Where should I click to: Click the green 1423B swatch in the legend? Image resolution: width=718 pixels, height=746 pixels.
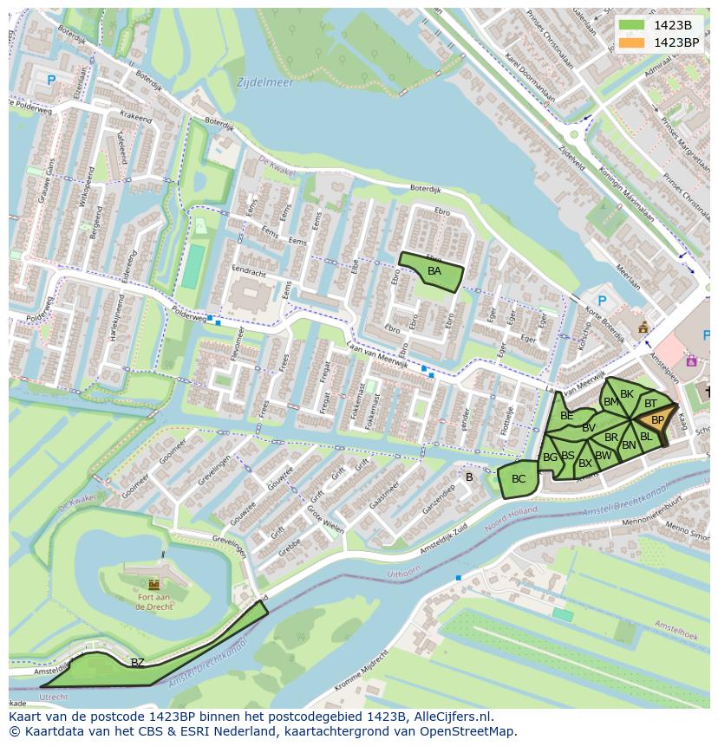(x=632, y=25)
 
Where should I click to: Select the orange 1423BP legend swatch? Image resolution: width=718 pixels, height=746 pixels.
(x=632, y=42)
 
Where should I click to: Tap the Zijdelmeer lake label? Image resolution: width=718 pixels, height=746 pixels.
(x=264, y=83)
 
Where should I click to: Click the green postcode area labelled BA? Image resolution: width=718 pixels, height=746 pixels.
(x=433, y=272)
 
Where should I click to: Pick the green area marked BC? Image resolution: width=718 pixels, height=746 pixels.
(x=518, y=479)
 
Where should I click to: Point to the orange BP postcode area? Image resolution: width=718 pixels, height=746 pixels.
(x=656, y=420)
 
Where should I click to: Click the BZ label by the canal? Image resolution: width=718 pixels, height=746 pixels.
(x=137, y=663)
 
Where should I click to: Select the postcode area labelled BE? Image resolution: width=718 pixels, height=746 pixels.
(x=566, y=416)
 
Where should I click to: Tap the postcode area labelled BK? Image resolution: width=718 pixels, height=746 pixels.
(x=626, y=394)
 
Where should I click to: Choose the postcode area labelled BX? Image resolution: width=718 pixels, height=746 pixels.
(x=584, y=464)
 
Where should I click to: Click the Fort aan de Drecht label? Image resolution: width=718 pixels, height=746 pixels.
(x=153, y=601)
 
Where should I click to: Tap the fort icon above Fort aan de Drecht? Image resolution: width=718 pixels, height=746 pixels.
(x=154, y=584)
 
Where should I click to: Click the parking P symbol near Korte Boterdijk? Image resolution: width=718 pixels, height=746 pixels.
(x=602, y=301)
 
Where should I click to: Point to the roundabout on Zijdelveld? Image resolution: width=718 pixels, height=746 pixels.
(x=573, y=134)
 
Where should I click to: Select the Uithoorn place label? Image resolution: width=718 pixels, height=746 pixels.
(x=402, y=574)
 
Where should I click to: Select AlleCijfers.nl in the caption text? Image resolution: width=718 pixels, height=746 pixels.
(x=452, y=717)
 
